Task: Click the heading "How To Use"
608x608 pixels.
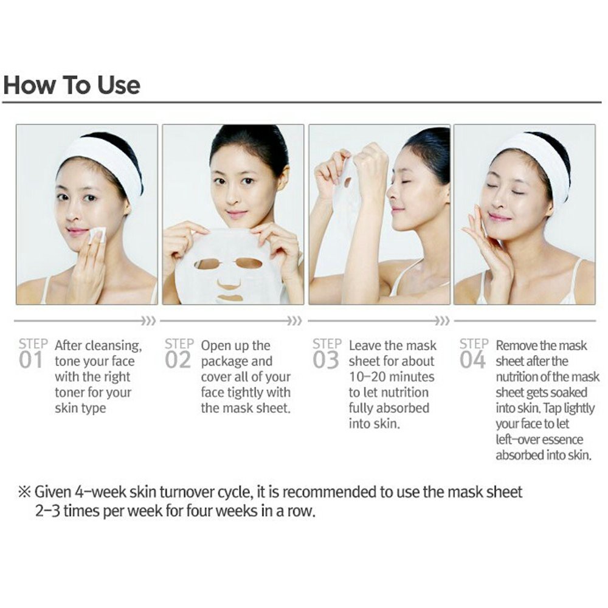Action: pyautogui.click(x=72, y=85)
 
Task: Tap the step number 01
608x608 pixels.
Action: pyautogui.click(x=30, y=360)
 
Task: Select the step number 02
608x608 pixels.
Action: pyautogui.click(x=178, y=360)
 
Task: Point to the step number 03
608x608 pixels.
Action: pyautogui.click(x=325, y=360)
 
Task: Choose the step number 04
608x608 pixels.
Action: pyautogui.click(x=472, y=360)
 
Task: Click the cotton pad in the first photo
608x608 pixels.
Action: pyautogui.click(x=97, y=235)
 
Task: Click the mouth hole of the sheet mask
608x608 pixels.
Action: pyautogui.click(x=229, y=298)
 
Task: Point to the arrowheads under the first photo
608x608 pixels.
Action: pyautogui.click(x=148, y=320)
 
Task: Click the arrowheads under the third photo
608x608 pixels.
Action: pyautogui.click(x=442, y=320)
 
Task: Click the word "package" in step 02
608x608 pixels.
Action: pyautogui.click(x=225, y=362)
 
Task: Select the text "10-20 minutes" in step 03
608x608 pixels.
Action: pyautogui.click(x=392, y=377)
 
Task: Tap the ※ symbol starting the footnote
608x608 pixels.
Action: pyautogui.click(x=25, y=492)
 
